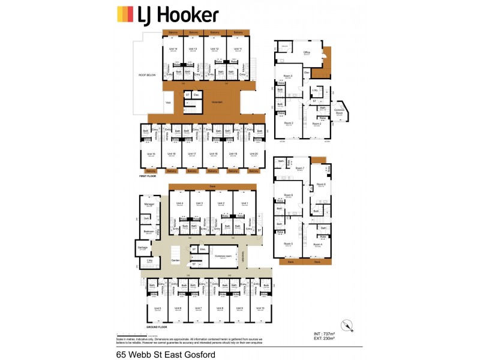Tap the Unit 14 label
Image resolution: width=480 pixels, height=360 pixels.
click(173, 49)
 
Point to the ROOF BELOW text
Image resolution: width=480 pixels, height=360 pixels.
click(147, 75)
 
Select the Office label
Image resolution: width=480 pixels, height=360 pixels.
click(307, 53)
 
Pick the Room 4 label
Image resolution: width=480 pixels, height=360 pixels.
click(317, 244)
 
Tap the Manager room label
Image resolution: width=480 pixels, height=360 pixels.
click(149, 205)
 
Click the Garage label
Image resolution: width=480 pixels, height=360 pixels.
click(142, 247)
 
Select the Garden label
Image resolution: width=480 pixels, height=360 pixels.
click(175, 260)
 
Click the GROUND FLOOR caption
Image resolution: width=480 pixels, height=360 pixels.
click(155, 327)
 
